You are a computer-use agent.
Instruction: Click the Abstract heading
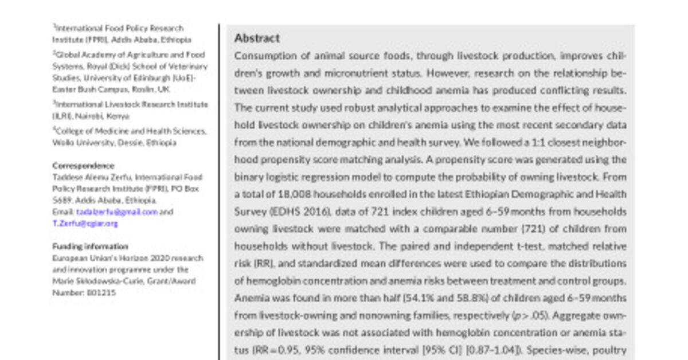point(257,38)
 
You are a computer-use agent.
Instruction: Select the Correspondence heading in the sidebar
point(83,166)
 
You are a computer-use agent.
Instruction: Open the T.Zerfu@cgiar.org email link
point(85,224)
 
